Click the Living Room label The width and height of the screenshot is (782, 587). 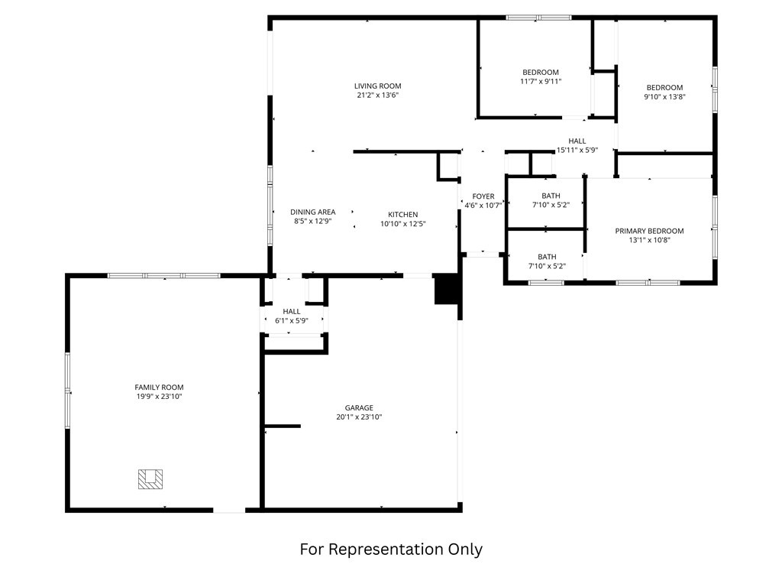click(377, 86)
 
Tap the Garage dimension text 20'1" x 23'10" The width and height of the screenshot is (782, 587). click(359, 417)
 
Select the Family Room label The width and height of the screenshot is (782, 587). click(159, 388)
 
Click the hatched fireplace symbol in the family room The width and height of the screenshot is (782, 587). click(150, 479)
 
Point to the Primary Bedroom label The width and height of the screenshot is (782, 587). click(649, 231)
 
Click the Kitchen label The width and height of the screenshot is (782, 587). click(403, 215)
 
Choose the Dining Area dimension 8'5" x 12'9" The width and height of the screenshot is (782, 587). click(312, 221)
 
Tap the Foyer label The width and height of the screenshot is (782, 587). click(483, 196)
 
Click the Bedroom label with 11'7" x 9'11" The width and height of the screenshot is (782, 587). click(541, 73)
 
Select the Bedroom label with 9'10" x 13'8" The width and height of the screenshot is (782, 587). click(665, 88)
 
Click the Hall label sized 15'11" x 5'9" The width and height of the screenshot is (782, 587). click(577, 141)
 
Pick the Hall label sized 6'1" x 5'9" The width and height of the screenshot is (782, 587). click(292, 312)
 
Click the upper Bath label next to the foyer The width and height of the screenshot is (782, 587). click(551, 196)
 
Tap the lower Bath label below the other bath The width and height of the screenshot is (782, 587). click(547, 257)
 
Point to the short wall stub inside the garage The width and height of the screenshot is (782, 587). click(283, 426)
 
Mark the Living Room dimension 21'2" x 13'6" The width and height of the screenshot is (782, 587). click(377, 96)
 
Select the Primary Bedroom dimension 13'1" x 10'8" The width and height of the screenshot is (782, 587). click(649, 240)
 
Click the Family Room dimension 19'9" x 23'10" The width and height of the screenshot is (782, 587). click(159, 397)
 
